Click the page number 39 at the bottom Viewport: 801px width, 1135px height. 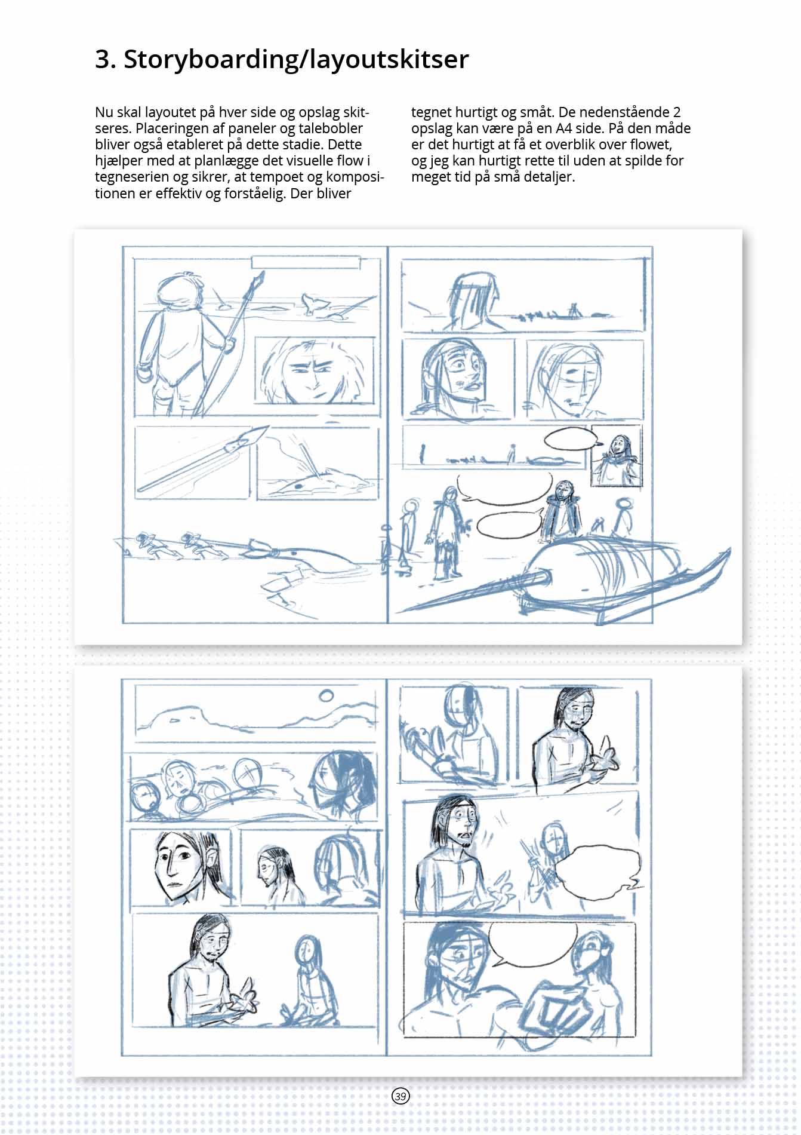(x=400, y=1096)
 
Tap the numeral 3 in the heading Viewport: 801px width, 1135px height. (x=103, y=60)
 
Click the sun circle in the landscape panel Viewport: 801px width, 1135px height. (x=326, y=695)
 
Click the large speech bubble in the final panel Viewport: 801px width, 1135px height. (x=533, y=944)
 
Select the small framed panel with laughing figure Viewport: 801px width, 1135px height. (x=616, y=456)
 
